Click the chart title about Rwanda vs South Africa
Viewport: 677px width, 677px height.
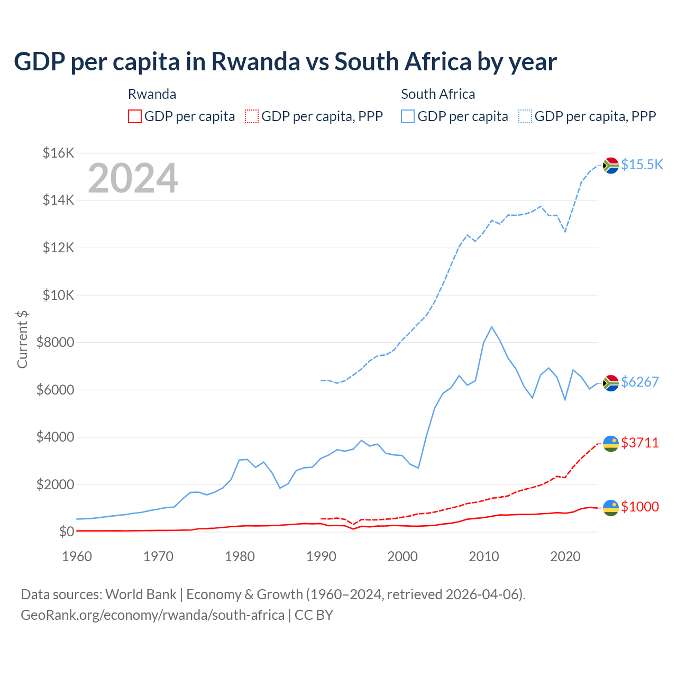(x=285, y=62)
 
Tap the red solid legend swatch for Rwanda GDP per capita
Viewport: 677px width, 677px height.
(x=135, y=116)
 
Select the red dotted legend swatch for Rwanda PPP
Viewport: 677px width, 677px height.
(x=252, y=116)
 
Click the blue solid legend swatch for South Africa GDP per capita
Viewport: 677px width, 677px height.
(x=408, y=116)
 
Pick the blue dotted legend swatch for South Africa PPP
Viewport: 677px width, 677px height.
(x=525, y=116)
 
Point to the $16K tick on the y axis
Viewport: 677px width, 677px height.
(x=58, y=153)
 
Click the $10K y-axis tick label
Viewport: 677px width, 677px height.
(x=58, y=295)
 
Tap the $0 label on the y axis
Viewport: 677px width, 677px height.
(x=66, y=532)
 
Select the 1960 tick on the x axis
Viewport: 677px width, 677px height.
(x=77, y=556)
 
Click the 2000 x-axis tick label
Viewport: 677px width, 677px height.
(x=402, y=556)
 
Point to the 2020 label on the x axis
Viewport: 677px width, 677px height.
(x=565, y=556)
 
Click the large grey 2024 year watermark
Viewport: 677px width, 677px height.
(x=133, y=178)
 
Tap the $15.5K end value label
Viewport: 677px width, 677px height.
(x=642, y=164)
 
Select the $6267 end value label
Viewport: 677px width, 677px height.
(x=639, y=382)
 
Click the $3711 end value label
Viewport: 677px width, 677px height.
(x=639, y=443)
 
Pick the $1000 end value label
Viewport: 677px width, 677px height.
(x=639, y=507)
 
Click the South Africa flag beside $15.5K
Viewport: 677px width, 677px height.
(x=611, y=166)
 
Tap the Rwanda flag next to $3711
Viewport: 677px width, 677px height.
(x=611, y=443)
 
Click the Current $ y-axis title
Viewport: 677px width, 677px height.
(x=22, y=340)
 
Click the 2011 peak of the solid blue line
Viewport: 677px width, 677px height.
(x=492, y=327)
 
